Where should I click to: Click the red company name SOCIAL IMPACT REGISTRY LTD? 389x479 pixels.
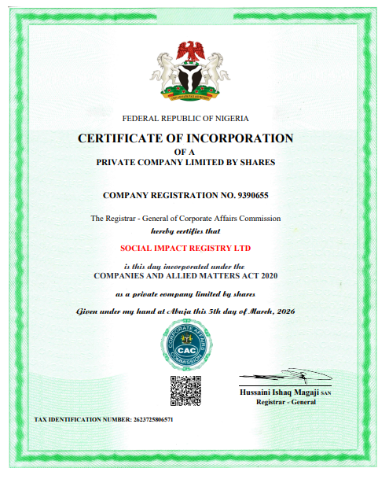pyautogui.click(x=185, y=248)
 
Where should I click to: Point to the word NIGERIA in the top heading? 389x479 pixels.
pyautogui.click(x=230, y=118)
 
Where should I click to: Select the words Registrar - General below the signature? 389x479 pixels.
pyautogui.click(x=284, y=402)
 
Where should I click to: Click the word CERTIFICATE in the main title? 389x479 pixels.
pyautogui.click(x=121, y=138)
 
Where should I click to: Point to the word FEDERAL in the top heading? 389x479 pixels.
pyautogui.click(x=142, y=118)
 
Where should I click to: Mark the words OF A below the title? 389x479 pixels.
pyautogui.click(x=185, y=151)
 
